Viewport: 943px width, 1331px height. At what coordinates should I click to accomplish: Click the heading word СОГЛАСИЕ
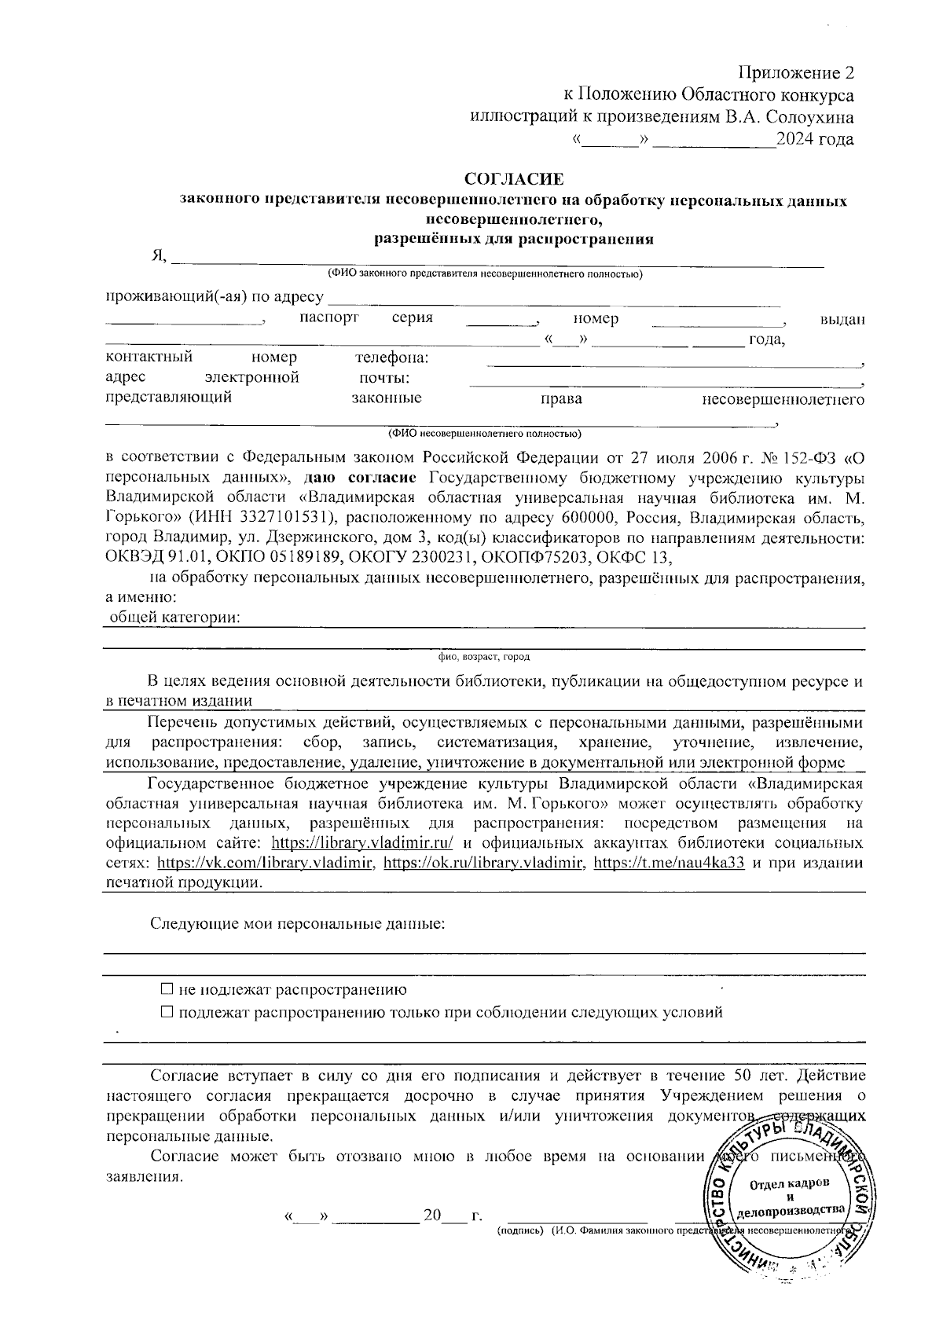tap(514, 180)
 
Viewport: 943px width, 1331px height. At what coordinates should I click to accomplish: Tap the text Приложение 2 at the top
tap(795, 73)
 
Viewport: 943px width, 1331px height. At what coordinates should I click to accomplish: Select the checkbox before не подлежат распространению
tap(166, 989)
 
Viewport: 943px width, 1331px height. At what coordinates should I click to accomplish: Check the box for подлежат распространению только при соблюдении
tap(166, 1012)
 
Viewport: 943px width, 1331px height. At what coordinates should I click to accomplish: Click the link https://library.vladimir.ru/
tap(362, 843)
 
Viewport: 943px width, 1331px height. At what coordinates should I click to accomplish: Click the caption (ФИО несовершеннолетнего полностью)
tap(483, 434)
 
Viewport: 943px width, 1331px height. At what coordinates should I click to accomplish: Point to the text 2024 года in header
tap(814, 140)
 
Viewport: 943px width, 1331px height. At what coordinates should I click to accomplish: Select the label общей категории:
tap(174, 618)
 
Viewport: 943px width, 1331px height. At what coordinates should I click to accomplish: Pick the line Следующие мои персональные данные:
tap(298, 923)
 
